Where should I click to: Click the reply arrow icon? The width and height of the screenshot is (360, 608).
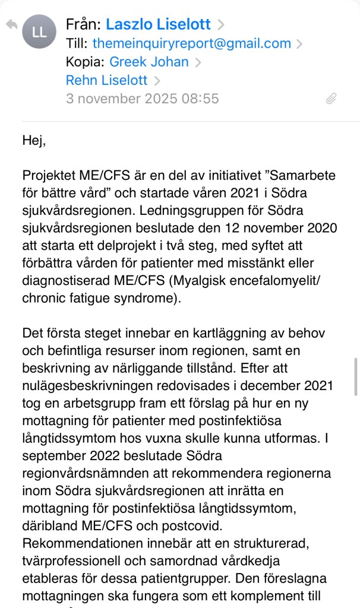coord(11,25)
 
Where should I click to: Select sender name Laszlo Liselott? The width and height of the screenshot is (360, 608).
coord(158,24)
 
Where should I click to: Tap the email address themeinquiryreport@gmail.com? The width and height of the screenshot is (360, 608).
coord(192,43)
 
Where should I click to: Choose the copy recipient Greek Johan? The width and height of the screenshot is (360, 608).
coord(149,62)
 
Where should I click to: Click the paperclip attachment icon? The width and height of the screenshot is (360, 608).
coord(331,99)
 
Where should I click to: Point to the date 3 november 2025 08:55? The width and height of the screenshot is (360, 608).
coord(142,99)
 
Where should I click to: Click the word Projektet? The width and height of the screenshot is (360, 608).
coord(50,176)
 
